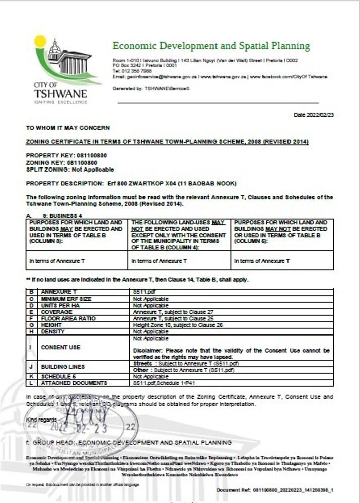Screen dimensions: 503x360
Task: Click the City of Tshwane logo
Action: tap(59, 69)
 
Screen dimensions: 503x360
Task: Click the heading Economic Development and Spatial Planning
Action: tap(211, 46)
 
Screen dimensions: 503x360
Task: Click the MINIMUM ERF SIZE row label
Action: tap(65, 298)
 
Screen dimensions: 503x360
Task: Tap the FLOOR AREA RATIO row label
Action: tap(67, 319)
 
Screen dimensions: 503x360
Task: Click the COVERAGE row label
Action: tap(56, 312)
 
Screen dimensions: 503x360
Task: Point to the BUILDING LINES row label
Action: tap(63, 367)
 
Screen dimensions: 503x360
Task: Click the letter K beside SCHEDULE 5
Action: tap(32, 376)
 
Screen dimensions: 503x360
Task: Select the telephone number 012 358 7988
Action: tap(132, 71)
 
